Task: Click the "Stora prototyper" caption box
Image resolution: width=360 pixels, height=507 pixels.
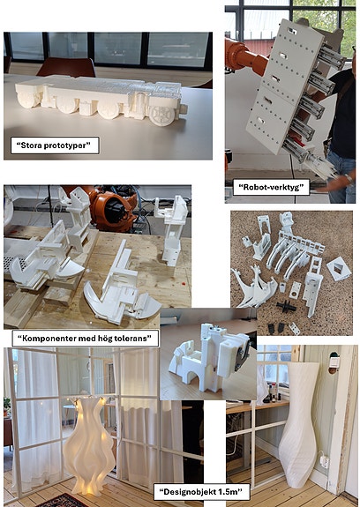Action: [55, 145]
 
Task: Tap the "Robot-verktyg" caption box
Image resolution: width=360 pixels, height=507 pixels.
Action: [271, 187]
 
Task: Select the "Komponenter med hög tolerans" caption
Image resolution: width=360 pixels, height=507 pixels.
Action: [85, 339]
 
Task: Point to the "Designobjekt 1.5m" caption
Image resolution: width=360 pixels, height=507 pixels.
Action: [201, 492]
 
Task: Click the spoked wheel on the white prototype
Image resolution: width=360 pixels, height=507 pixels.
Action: [162, 114]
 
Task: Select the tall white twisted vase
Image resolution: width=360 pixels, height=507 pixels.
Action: [299, 424]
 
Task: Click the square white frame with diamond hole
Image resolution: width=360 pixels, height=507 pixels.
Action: [339, 269]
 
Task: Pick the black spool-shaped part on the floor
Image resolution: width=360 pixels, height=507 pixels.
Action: [286, 307]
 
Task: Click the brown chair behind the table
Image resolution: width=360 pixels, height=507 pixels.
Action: [66, 67]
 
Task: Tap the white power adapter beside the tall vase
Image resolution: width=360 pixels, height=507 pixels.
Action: [325, 461]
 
